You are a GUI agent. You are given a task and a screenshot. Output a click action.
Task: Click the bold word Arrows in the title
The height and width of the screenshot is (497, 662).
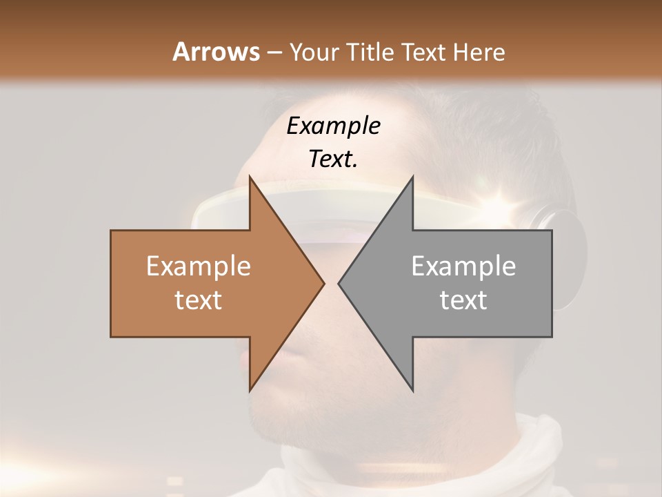pyautogui.click(x=215, y=52)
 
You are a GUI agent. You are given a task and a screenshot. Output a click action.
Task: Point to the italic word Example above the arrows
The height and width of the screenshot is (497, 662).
pyautogui.click(x=334, y=126)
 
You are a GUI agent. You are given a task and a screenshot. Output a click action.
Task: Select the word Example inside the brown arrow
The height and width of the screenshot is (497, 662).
pyautogui.click(x=199, y=266)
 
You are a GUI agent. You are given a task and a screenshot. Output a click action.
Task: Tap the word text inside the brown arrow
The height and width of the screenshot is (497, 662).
pyautogui.click(x=199, y=300)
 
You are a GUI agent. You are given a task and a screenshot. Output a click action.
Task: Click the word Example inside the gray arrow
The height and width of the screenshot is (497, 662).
pyautogui.click(x=463, y=266)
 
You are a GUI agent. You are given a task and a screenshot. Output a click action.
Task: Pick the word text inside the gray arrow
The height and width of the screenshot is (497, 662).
pyautogui.click(x=463, y=300)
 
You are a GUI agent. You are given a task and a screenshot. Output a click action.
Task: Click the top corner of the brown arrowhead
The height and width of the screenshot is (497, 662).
pyautogui.click(x=250, y=177)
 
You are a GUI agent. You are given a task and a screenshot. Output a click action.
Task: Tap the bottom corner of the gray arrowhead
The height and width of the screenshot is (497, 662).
pyautogui.click(x=412, y=391)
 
